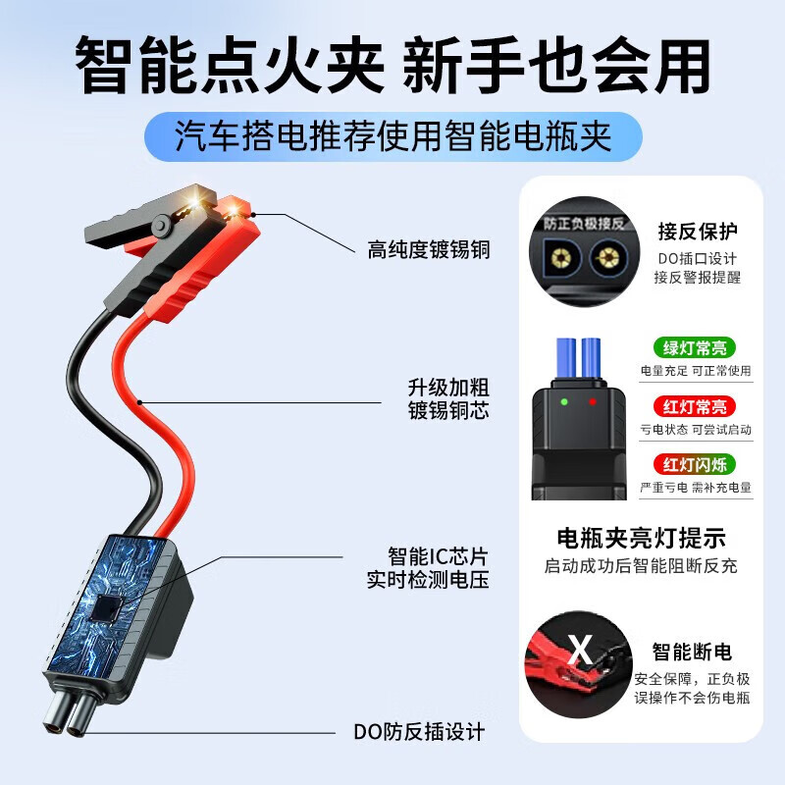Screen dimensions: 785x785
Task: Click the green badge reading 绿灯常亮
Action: [x=695, y=347]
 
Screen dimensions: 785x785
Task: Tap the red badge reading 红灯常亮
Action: [x=695, y=406]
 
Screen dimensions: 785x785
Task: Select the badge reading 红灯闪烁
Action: [x=695, y=463]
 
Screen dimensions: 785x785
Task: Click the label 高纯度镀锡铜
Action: [x=428, y=250]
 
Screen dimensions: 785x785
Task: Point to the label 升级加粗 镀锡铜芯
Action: [x=447, y=399]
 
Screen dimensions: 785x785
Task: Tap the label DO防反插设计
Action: [x=419, y=732]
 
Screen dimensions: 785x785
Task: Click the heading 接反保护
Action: [x=698, y=232]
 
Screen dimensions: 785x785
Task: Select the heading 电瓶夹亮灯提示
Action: [x=641, y=538]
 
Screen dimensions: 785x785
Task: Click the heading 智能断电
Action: [x=692, y=653]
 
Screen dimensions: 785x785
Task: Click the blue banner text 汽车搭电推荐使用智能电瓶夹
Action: [x=392, y=136]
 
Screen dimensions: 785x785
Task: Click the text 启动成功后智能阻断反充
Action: [x=641, y=566]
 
